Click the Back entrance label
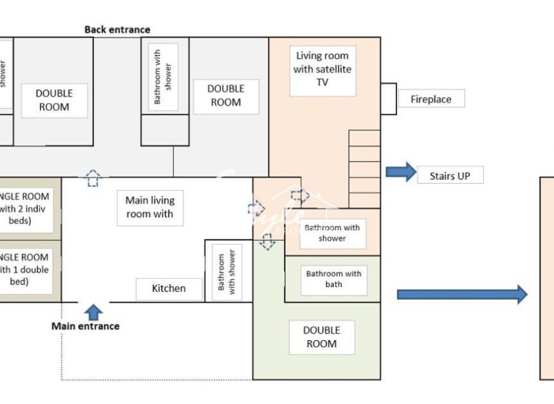click(x=117, y=29)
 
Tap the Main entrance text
click(x=85, y=326)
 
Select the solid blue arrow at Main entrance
click(x=94, y=312)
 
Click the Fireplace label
click(x=431, y=99)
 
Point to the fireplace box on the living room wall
click(x=388, y=98)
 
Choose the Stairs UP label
click(x=450, y=175)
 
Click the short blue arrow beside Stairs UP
click(x=401, y=172)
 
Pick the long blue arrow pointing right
click(x=461, y=294)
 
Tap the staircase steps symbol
click(x=364, y=169)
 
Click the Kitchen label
click(x=169, y=289)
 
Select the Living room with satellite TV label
click(x=323, y=69)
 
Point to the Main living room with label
click(x=150, y=207)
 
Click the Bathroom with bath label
click(x=333, y=279)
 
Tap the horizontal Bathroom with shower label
click(x=332, y=233)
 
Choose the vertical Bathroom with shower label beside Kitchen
click(x=227, y=272)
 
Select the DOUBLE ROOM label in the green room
click(x=322, y=337)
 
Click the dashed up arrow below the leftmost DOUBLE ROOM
click(x=93, y=178)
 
